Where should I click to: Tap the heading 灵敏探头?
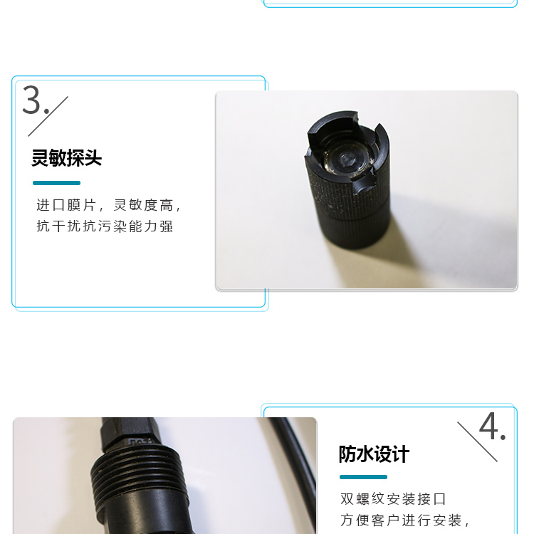[x=67, y=158]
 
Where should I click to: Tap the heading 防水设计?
[x=374, y=454]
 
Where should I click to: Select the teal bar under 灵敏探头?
[x=56, y=183]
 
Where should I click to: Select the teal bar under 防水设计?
[x=363, y=477]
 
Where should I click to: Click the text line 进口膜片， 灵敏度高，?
[x=109, y=205]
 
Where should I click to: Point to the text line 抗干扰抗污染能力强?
[x=105, y=226]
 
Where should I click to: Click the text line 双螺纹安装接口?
[x=393, y=499]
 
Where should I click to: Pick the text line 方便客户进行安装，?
[x=405, y=520]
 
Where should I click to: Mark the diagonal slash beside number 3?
[x=48, y=117]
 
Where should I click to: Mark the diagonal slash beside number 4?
[x=478, y=441]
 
